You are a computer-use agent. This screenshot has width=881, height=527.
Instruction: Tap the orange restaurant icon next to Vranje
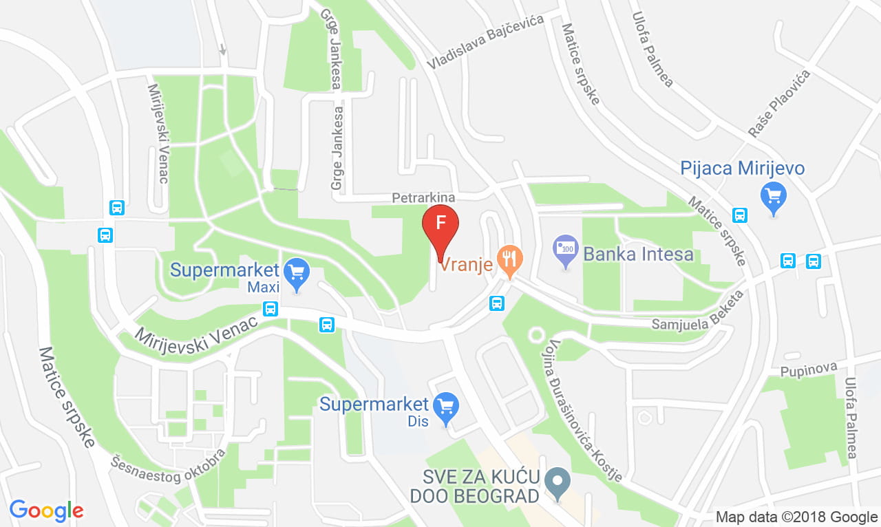click(x=509, y=260)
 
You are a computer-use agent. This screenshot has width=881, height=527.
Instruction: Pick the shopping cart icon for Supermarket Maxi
click(x=297, y=272)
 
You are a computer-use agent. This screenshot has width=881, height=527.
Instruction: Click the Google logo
click(x=47, y=510)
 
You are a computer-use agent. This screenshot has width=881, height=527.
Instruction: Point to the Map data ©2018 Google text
click(x=796, y=517)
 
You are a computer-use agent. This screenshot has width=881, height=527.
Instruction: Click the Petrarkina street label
click(x=423, y=197)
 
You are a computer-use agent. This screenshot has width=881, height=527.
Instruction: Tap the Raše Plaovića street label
click(x=779, y=103)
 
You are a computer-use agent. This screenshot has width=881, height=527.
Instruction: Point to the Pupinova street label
click(x=808, y=370)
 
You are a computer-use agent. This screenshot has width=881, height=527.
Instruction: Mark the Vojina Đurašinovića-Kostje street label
click(x=585, y=410)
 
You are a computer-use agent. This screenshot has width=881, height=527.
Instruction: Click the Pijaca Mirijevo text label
click(x=742, y=169)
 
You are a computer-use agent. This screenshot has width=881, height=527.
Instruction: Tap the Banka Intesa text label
click(x=638, y=255)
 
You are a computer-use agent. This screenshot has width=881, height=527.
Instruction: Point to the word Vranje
click(x=467, y=263)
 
